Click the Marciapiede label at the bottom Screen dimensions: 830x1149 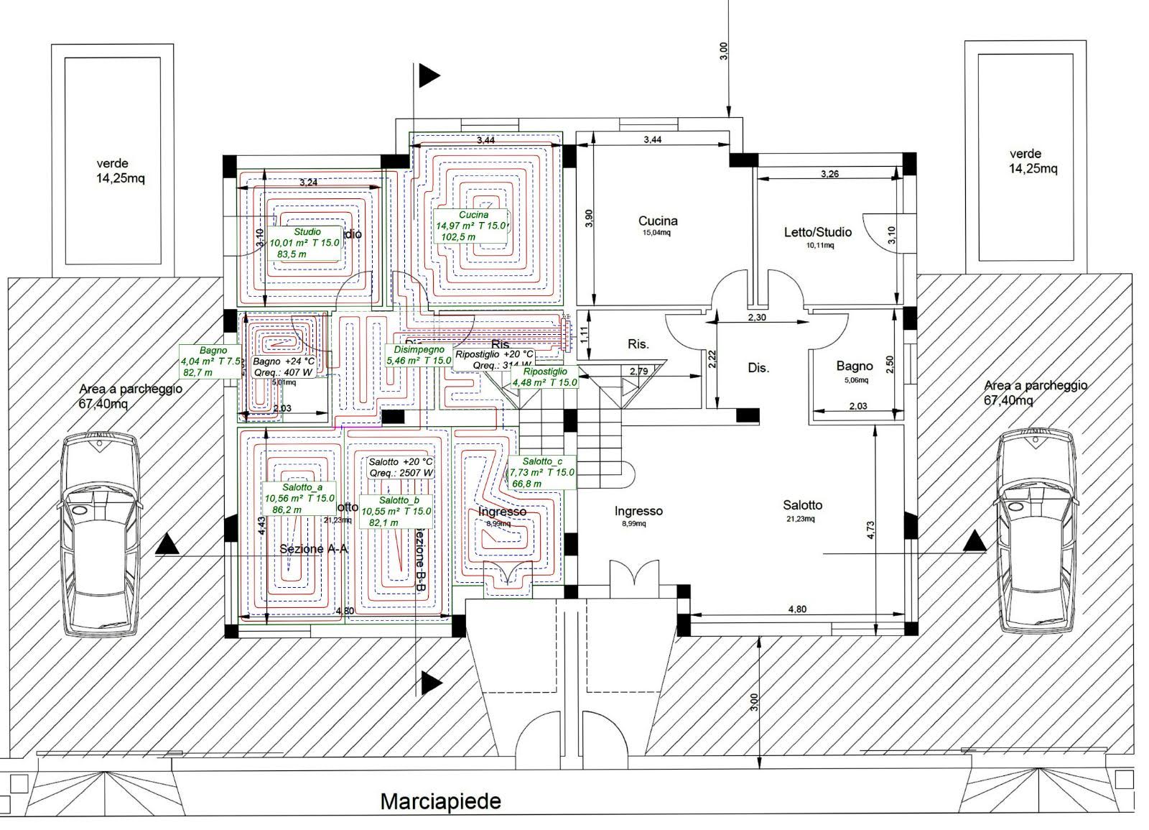tap(440, 801)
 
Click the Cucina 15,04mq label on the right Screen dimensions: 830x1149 tap(658, 225)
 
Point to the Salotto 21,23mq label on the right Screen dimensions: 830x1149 tap(802, 509)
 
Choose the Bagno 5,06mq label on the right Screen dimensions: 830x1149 tap(854, 371)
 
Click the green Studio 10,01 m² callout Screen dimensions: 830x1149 tap(305, 243)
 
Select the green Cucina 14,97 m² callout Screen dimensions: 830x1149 tap(470, 226)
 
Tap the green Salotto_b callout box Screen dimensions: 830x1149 tap(396, 511)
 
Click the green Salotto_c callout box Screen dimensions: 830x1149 tap(541, 472)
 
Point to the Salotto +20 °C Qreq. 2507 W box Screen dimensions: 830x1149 tap(401, 467)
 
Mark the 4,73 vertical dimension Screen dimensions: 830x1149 tap(870, 525)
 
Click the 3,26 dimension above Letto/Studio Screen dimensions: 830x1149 tap(829, 174)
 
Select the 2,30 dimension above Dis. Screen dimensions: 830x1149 tap(757, 317)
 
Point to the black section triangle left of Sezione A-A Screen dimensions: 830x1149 tap(167, 544)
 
